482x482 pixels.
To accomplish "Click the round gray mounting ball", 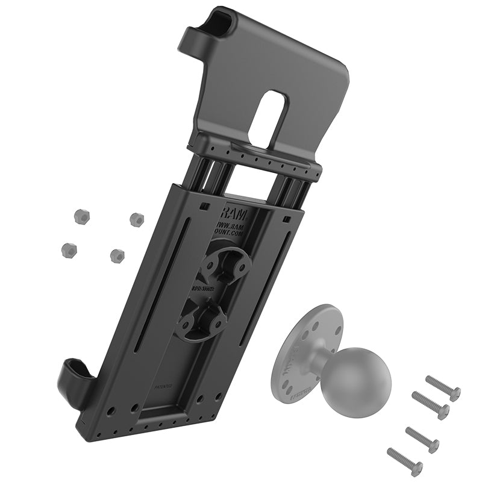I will point(355,379).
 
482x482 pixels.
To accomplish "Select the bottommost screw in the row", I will point(404,462).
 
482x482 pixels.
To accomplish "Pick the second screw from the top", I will point(430,405).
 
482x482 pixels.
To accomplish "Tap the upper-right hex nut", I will point(137,220).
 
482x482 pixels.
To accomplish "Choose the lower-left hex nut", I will point(69,248).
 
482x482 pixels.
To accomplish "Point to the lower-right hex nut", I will point(117,255).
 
